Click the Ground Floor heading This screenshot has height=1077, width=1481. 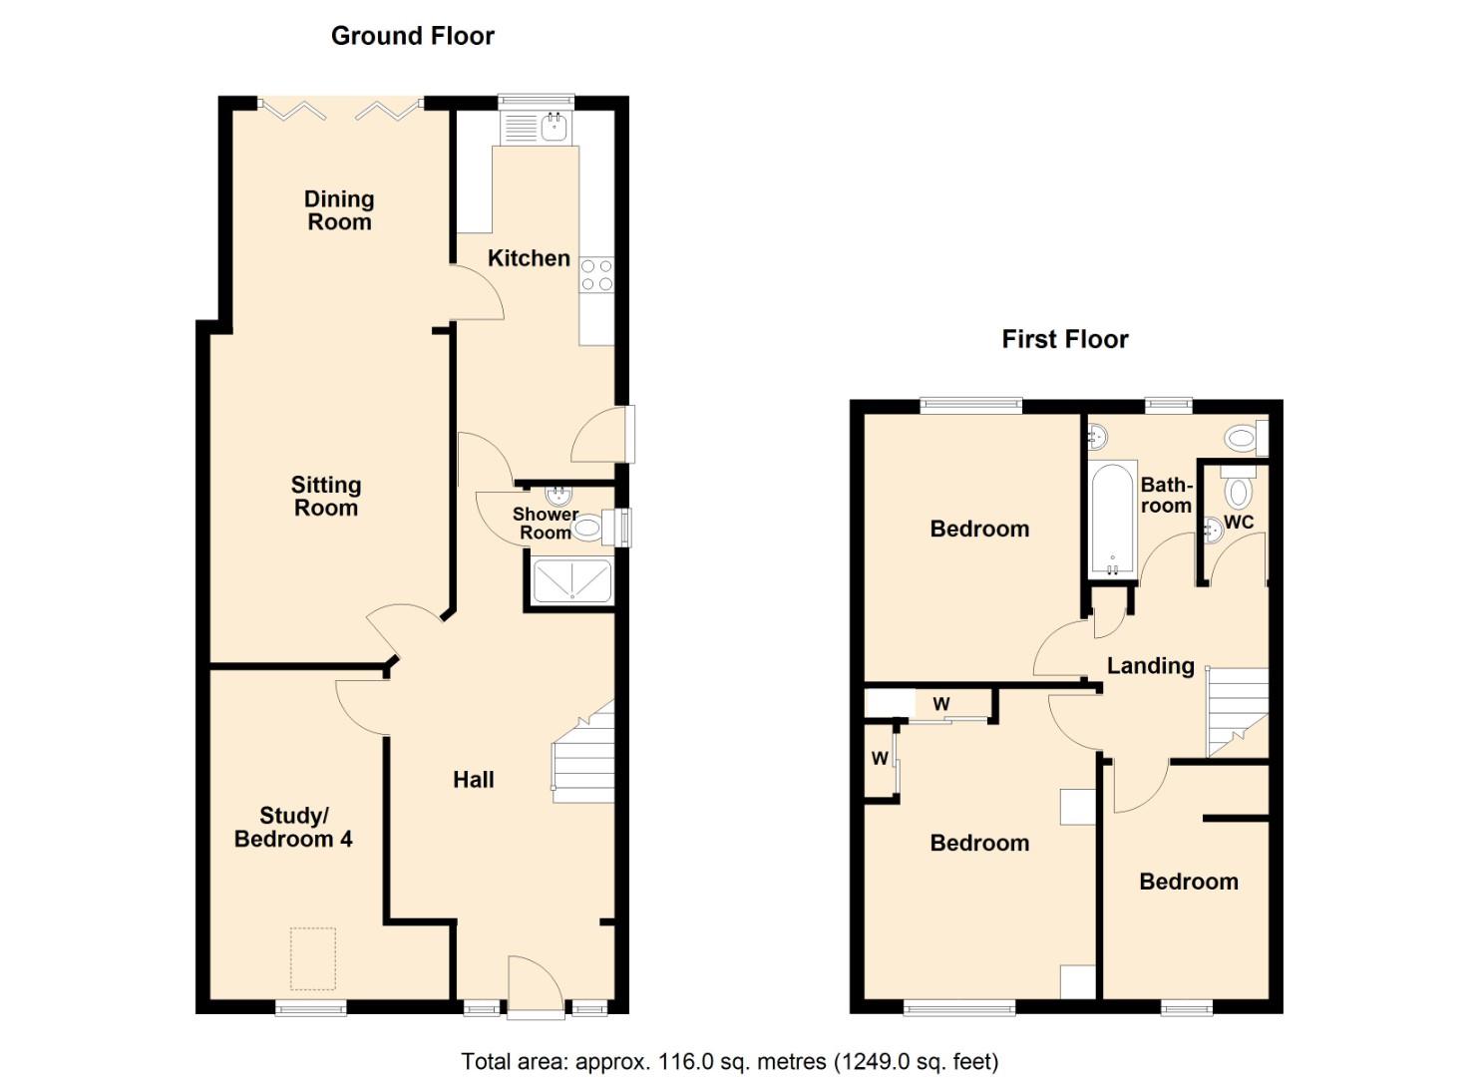click(x=412, y=36)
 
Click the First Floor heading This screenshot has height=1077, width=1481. click(x=1064, y=339)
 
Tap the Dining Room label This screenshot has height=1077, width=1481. click(x=339, y=210)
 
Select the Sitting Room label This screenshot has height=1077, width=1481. click(x=325, y=497)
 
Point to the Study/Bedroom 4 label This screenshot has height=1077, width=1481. click(x=293, y=828)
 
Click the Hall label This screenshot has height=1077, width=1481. click(x=474, y=780)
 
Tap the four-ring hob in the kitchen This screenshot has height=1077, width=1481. click(x=596, y=275)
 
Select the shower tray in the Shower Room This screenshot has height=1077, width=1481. click(x=571, y=582)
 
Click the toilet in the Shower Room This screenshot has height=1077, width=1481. click(x=590, y=528)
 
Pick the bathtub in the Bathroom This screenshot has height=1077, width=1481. click(x=1112, y=519)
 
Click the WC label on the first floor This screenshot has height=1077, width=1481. click(x=1239, y=523)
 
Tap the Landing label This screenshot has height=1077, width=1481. click(x=1150, y=666)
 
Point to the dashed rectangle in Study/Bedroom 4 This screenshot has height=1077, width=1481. click(x=313, y=958)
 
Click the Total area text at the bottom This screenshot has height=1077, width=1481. click(x=729, y=1061)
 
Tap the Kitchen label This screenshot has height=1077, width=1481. click(x=529, y=258)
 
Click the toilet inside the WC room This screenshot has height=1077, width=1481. click(x=1239, y=491)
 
